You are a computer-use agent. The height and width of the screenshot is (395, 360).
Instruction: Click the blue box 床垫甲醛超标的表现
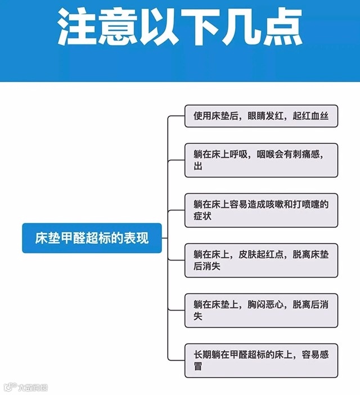tap(92, 238)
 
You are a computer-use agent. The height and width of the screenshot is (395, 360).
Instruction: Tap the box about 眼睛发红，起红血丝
tap(261, 116)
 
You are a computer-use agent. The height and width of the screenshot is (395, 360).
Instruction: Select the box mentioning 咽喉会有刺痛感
tap(261, 160)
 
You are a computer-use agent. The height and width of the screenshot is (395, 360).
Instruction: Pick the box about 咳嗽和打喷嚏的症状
tap(261, 210)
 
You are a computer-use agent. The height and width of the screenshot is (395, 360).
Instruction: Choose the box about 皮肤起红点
tap(261, 260)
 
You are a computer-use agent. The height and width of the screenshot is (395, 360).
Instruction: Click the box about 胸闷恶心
tap(261, 310)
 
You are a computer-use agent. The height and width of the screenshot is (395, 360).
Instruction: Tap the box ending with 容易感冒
tap(261, 360)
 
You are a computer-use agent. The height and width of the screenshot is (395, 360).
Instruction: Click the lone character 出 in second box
tap(198, 167)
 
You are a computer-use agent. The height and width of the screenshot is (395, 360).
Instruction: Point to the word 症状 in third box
tap(202, 217)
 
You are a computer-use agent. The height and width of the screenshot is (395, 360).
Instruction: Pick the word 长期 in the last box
tap(202, 354)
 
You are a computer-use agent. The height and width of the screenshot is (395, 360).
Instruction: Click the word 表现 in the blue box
tap(138, 238)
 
